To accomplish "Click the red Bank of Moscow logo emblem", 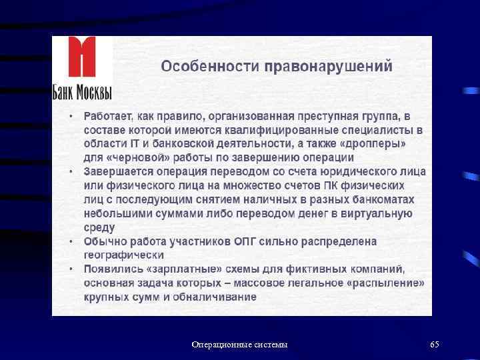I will (82, 58).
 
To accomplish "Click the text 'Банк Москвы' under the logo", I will (82, 91).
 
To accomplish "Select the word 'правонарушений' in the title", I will (328, 67).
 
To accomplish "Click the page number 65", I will (435, 345).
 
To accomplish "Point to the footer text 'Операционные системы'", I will (239, 345).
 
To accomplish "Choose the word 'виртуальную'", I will (376, 213).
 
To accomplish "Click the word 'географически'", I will (123, 255).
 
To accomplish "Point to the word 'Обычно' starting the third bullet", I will (104, 241).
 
